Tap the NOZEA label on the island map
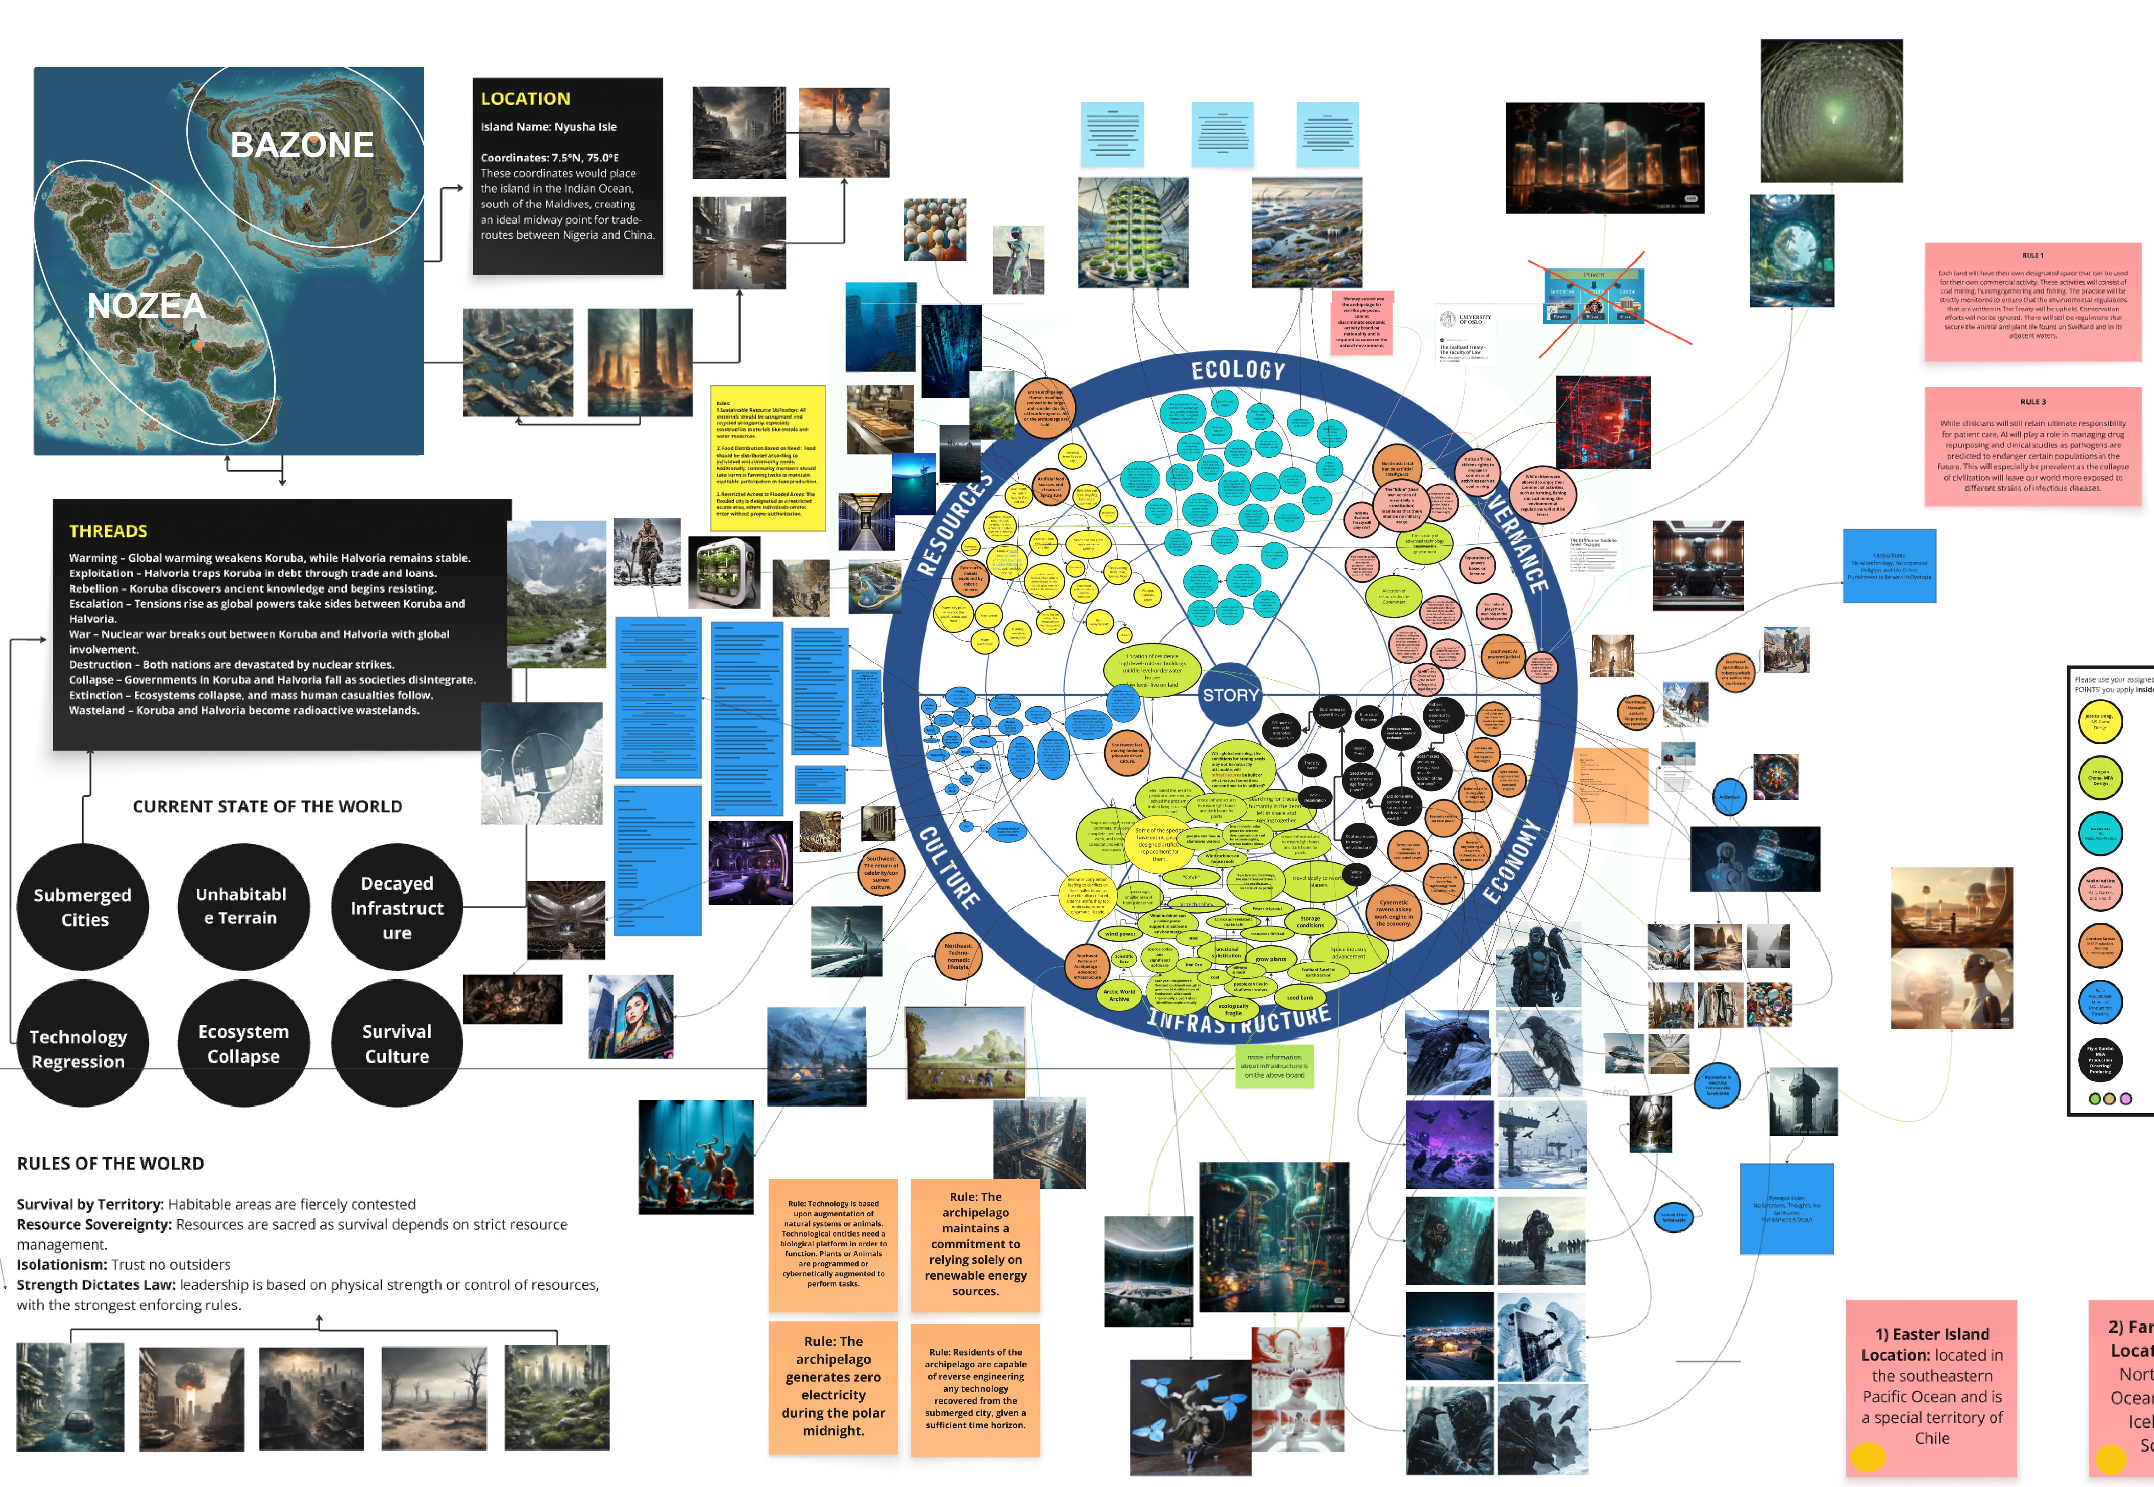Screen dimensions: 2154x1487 (x=146, y=305)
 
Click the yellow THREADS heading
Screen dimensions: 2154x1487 (x=108, y=531)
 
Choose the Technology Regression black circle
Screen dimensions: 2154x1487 (x=78, y=1048)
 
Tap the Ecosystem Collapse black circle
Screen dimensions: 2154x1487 (x=243, y=1043)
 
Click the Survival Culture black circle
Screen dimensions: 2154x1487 (x=397, y=1043)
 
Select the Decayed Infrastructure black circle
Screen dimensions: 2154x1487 (x=397, y=906)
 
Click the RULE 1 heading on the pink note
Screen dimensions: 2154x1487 (x=2033, y=255)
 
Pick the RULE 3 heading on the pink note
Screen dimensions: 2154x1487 (x=2033, y=402)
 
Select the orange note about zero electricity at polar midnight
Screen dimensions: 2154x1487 (x=833, y=1387)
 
